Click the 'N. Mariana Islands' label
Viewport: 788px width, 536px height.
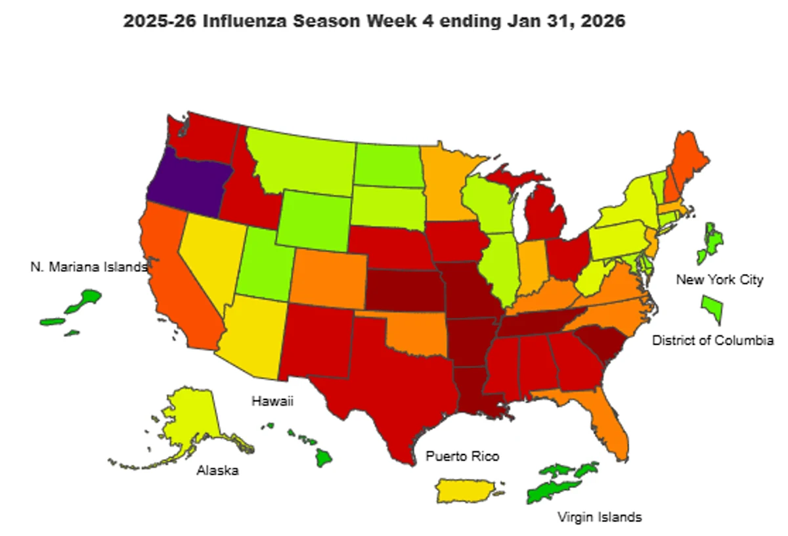(x=89, y=267)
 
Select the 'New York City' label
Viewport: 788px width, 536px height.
(x=720, y=280)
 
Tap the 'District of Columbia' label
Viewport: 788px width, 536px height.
(x=712, y=340)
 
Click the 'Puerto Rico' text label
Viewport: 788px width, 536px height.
(x=462, y=456)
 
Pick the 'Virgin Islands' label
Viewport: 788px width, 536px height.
(x=599, y=517)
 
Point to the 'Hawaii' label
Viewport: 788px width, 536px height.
(x=271, y=401)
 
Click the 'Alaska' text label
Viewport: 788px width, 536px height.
(x=217, y=470)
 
